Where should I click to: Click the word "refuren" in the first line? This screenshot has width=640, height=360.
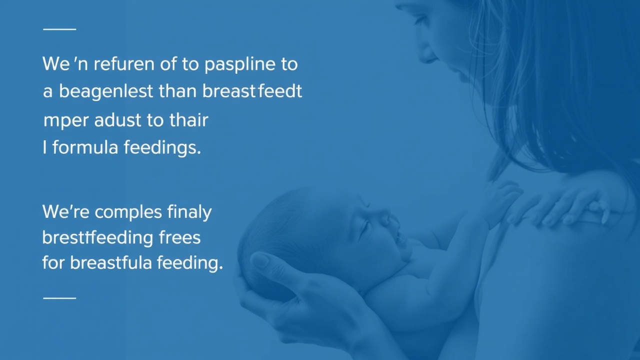pos(124,64)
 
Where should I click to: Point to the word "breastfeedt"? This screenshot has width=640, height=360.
pos(252,91)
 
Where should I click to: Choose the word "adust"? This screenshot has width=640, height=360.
pos(117,119)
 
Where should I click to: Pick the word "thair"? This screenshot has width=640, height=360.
pos(189,119)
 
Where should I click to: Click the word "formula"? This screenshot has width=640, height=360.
pos(85,147)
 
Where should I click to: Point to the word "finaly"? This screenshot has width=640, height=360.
pos(189,212)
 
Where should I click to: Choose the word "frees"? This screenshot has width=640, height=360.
pos(179,237)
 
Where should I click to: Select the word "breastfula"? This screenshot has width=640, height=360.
pos(111,262)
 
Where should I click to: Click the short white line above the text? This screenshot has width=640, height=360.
pos(59,29)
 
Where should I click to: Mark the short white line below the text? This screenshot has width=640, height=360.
pos(59,298)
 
